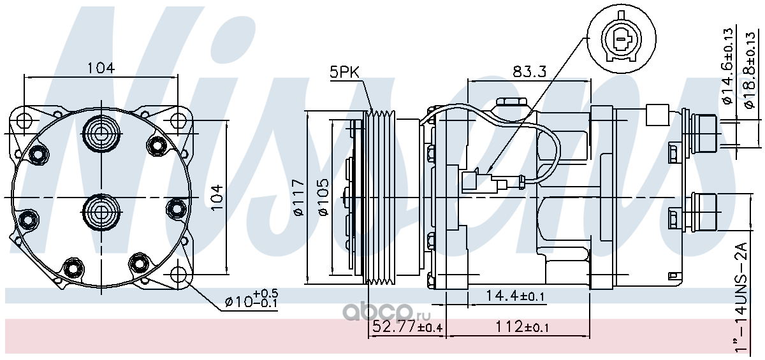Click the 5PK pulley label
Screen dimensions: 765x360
pyautogui.click(x=345, y=72)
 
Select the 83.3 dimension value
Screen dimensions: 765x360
pyautogui.click(x=529, y=71)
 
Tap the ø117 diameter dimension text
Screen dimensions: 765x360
pyautogui.click(x=299, y=198)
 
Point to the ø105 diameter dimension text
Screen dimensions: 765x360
pyautogui.click(x=323, y=198)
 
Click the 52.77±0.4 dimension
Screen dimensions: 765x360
pyautogui.click(x=407, y=327)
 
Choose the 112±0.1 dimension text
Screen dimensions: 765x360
pyautogui.click(x=522, y=327)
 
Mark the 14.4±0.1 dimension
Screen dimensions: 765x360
pyautogui.click(x=514, y=296)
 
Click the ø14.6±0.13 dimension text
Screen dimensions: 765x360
pyautogui.click(x=727, y=66)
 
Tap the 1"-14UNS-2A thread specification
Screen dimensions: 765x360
pyautogui.click(x=740, y=297)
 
